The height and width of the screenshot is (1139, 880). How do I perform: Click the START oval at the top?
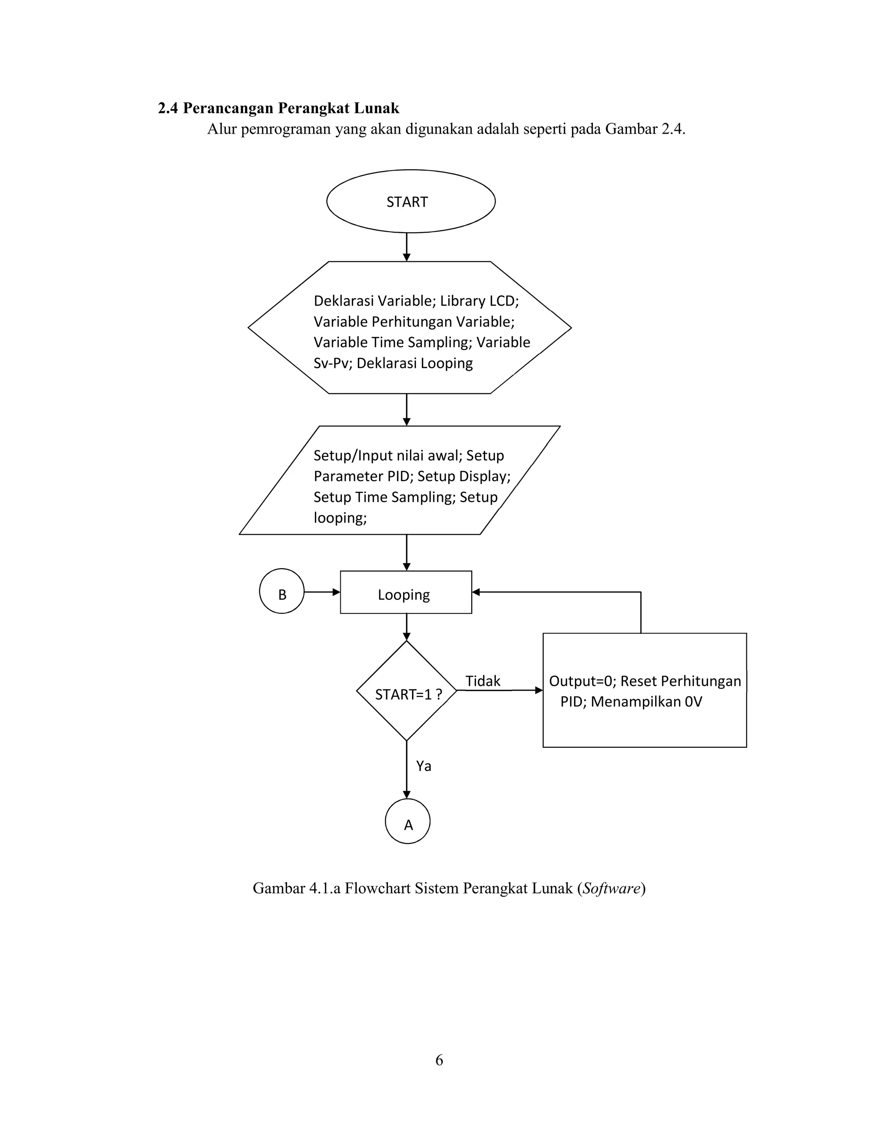[411, 201]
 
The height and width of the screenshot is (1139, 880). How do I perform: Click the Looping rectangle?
[406, 592]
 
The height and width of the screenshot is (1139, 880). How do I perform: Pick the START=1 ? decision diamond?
[406, 691]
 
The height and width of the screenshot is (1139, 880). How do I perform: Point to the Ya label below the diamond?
[423, 765]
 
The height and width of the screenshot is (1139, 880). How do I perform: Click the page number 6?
[440, 1060]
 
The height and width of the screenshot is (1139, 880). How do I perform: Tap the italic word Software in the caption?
[611, 888]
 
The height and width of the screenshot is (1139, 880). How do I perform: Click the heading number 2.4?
[168, 108]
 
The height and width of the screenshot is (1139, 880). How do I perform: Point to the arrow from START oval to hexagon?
[406, 247]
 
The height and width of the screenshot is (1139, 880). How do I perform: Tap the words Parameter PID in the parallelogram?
[361, 476]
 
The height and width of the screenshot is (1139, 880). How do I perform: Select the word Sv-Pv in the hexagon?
[330, 363]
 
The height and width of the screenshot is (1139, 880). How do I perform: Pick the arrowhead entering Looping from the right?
[476, 592]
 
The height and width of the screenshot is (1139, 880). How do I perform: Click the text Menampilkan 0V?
[646, 701]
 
